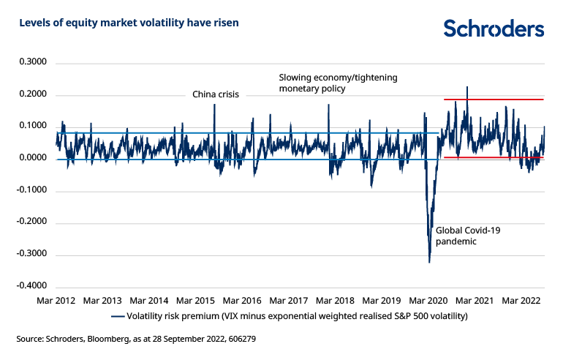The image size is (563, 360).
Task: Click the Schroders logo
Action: [x=494, y=29]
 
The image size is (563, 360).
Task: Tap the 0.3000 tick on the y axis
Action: [x=32, y=63]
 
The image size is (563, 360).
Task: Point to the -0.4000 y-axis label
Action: [x=31, y=286]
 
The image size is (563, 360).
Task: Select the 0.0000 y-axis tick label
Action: [x=32, y=159]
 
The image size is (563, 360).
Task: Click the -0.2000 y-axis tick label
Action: [x=31, y=222]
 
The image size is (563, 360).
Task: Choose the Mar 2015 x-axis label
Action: [x=195, y=301]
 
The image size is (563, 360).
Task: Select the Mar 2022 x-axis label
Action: [x=521, y=301]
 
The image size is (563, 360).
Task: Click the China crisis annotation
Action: [x=216, y=94]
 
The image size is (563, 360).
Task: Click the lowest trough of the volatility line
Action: [x=429, y=262]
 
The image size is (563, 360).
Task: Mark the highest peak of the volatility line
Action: [x=467, y=87]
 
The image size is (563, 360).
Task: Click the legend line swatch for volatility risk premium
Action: [x=117, y=317]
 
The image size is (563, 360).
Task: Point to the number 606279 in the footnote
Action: [x=239, y=340]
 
